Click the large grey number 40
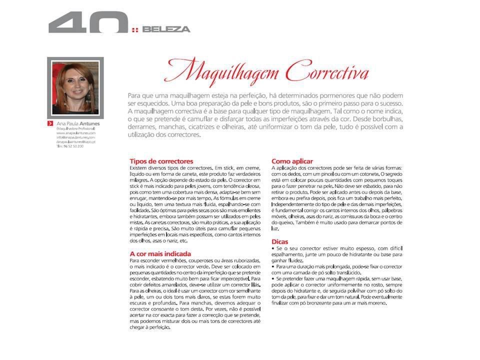point(87,22)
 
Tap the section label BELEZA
point(166,29)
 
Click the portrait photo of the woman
point(75,86)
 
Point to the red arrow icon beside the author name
point(50,123)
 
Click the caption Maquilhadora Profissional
point(75,128)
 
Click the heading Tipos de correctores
point(161,161)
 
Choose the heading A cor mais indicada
point(160,253)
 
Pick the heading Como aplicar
point(292,161)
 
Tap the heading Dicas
point(280,241)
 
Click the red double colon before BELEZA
point(135,29)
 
